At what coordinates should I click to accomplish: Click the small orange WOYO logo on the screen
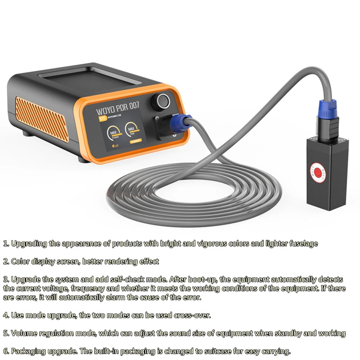point(102,119)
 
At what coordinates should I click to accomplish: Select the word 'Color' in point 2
point(20,262)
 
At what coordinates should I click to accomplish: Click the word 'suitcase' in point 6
point(220,351)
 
